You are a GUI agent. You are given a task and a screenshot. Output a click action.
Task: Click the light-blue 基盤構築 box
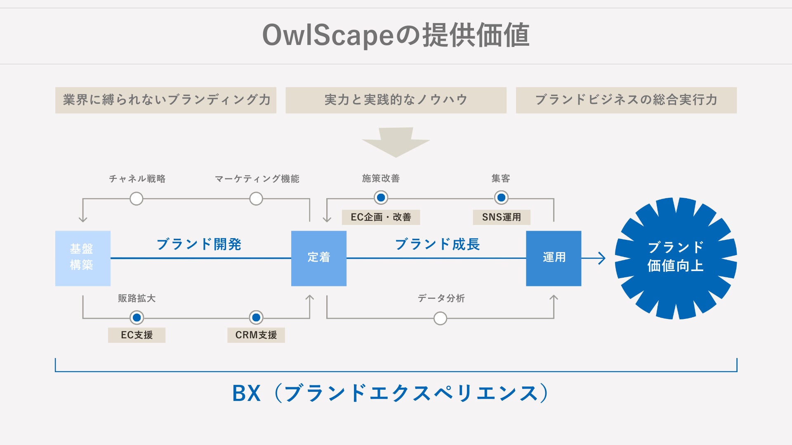click(x=82, y=258)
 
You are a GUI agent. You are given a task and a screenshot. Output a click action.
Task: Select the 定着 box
click(x=318, y=258)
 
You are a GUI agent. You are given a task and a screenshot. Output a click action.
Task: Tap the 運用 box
click(x=554, y=258)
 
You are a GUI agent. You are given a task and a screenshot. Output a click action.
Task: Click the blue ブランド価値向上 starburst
click(x=675, y=258)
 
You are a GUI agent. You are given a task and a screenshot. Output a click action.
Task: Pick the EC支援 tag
click(x=137, y=335)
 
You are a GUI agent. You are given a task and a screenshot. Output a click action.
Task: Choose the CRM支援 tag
click(x=256, y=335)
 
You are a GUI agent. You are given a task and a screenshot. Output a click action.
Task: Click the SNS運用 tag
click(x=501, y=217)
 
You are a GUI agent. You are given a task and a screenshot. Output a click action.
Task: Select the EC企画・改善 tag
click(x=381, y=217)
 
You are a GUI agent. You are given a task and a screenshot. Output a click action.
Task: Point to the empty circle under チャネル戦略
click(x=136, y=199)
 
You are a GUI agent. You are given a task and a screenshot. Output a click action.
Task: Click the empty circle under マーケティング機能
click(x=256, y=199)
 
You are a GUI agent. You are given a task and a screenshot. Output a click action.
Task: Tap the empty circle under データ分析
click(x=440, y=318)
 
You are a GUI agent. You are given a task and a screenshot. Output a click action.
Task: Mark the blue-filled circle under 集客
click(x=501, y=198)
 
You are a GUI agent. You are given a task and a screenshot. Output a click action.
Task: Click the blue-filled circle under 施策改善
click(x=381, y=198)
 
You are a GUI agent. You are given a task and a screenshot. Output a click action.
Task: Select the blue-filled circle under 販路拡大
click(x=137, y=318)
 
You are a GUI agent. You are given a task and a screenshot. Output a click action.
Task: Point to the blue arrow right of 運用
click(x=594, y=258)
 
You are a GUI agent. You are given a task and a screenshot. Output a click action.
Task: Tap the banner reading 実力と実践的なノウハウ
click(x=396, y=100)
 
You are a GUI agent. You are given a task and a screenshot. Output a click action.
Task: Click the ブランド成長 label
click(x=437, y=244)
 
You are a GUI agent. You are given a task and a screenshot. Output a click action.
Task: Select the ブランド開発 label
click(x=199, y=244)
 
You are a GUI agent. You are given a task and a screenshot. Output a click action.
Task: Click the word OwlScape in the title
click(x=328, y=35)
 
